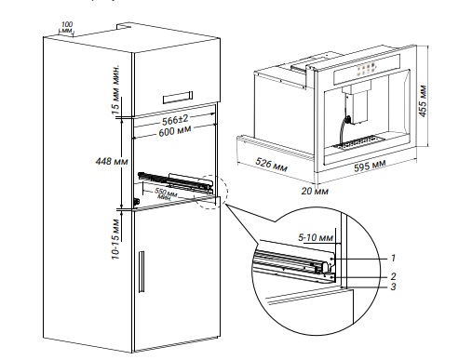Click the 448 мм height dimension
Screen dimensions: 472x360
[x=112, y=161]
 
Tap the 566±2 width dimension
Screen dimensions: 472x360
[x=175, y=120]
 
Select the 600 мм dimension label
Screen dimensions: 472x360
[x=175, y=131]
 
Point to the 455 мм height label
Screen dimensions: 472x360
[x=423, y=101]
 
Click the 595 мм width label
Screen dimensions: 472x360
[x=370, y=166]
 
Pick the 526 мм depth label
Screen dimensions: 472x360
[x=271, y=165]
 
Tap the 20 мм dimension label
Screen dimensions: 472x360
[x=315, y=191]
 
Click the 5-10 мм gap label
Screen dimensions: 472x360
[x=316, y=238]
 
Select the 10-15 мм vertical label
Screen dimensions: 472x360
[x=115, y=239]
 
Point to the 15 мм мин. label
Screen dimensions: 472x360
[x=115, y=89]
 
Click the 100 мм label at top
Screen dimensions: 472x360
[x=66, y=27]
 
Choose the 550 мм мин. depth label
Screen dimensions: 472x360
[x=166, y=193]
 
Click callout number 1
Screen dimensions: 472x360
[x=393, y=258]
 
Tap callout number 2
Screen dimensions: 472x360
[x=393, y=276]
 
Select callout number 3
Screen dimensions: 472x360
[x=393, y=287]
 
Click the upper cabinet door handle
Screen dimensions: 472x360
[x=178, y=98]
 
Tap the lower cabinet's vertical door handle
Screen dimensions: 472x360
[x=142, y=272]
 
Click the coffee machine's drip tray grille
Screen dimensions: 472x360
[x=359, y=143]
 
